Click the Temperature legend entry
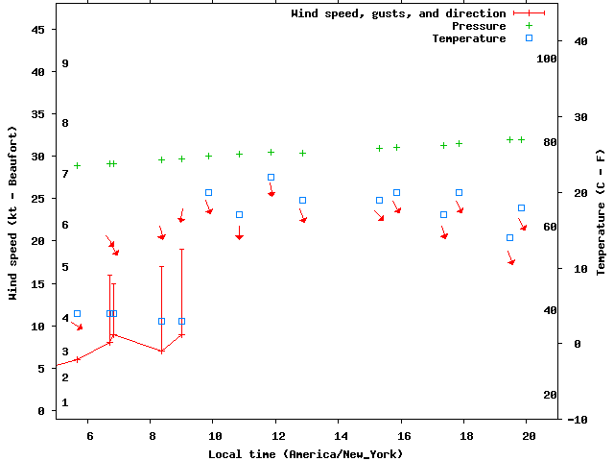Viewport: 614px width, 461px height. coord(468,38)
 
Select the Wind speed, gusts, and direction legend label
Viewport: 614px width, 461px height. coord(398,13)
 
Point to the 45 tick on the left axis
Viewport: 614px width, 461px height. coord(38,30)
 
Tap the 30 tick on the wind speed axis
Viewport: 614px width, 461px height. coord(38,157)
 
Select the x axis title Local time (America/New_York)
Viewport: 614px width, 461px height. coord(305,453)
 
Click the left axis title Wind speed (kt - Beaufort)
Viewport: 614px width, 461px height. coord(13,213)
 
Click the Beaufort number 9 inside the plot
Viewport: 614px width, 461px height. coord(65,63)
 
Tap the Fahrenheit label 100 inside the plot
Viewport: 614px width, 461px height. coord(547,59)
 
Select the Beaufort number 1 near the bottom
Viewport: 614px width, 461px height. coord(65,402)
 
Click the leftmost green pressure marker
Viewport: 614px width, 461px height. coord(78,165)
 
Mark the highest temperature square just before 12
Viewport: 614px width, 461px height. coord(271,177)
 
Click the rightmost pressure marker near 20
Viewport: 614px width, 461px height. coord(521,139)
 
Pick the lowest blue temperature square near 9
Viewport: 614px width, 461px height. coord(181,321)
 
